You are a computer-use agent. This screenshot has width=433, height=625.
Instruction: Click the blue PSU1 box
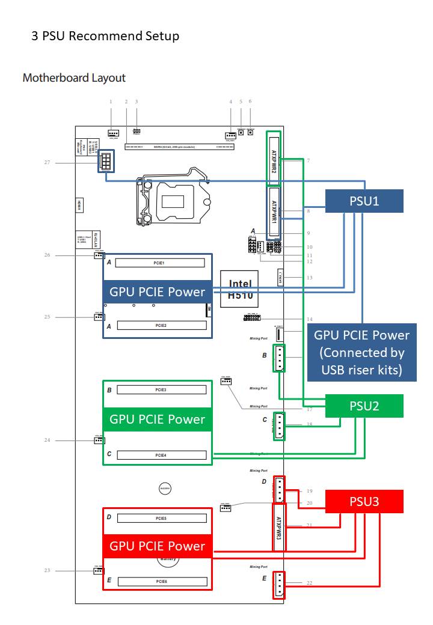coord(364,201)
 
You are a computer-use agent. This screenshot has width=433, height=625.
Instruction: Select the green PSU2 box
coord(364,406)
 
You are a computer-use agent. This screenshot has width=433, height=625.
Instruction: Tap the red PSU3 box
coord(364,501)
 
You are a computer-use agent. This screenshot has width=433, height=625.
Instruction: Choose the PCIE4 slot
coord(161,455)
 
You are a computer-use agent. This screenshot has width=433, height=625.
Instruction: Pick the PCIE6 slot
coord(161,582)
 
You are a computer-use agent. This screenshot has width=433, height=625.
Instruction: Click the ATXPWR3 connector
coord(278,519)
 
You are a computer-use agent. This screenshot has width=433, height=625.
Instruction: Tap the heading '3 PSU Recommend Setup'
coord(105,36)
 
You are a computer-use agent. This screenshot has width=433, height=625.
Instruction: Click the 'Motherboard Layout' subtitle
coord(74,78)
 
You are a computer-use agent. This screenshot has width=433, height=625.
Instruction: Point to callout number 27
coord(47,162)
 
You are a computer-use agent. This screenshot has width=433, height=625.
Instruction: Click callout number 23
coord(47,570)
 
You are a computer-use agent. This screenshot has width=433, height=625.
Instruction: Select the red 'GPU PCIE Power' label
coord(157,546)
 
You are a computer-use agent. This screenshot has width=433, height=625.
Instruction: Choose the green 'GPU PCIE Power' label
coord(157,419)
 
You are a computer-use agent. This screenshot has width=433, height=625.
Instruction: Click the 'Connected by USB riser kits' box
coord(361,353)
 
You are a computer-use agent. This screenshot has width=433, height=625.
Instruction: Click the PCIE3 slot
coord(161,390)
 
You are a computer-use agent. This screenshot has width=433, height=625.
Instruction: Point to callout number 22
coord(309,583)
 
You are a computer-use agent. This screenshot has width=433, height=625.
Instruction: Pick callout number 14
coord(309,319)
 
